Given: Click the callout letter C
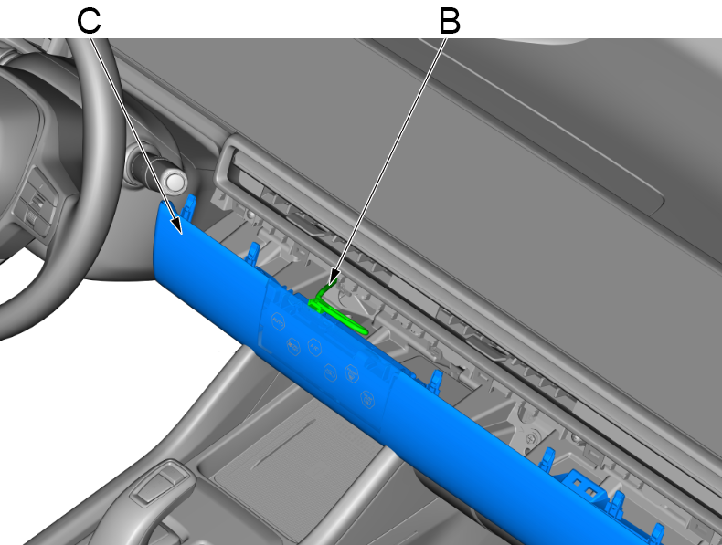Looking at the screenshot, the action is [x=89, y=21].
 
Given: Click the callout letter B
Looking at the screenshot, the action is [x=450, y=22].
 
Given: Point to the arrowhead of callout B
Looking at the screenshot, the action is [x=333, y=277].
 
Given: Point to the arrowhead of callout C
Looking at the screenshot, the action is [x=176, y=225].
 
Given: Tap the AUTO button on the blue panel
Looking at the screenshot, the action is [x=278, y=321].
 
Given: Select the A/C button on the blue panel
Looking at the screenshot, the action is [x=314, y=346].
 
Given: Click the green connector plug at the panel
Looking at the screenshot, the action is [x=316, y=305].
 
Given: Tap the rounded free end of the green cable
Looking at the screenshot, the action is [x=365, y=330].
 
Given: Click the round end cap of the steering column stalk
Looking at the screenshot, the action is [x=175, y=181].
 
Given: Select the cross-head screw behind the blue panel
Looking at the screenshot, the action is [x=533, y=435].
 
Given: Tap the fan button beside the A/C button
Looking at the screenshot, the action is [x=292, y=347].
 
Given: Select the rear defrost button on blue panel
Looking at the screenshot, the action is [x=367, y=399].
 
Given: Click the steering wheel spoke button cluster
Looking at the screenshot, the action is [x=37, y=202].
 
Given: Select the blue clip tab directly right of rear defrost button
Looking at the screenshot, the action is [x=435, y=381].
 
